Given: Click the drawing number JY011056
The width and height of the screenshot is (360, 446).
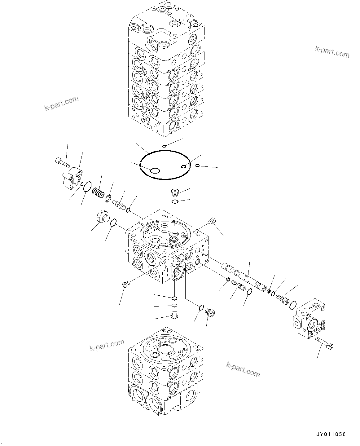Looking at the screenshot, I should pyautogui.click(x=331, y=435).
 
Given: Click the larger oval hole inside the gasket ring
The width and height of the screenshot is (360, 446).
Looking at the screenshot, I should pyautogui.click(x=154, y=170).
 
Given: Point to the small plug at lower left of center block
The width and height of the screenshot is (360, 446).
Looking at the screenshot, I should pyautogui.click(x=126, y=284).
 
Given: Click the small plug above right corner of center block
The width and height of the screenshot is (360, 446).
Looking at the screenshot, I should pyautogui.click(x=212, y=221).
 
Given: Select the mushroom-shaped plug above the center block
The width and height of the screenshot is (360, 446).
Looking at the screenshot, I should pyautogui.click(x=176, y=192).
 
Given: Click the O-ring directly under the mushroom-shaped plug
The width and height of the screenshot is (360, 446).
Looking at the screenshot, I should pyautogui.click(x=175, y=202).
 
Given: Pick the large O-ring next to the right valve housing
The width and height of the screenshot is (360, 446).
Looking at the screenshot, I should pyautogui.click(x=293, y=305).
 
